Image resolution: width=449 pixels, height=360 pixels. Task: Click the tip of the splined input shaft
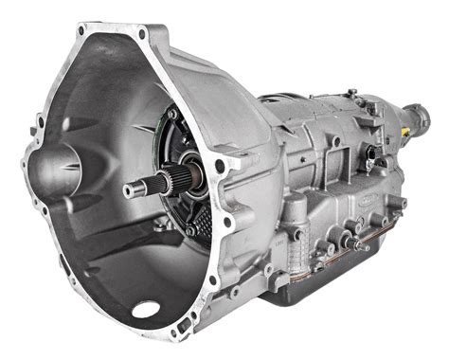click(128, 191)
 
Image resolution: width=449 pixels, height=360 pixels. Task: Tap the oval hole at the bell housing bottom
click(146, 308)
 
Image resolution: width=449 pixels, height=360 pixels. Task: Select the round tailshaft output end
click(420, 119)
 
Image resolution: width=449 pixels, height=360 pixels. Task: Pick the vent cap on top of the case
click(350, 93)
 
